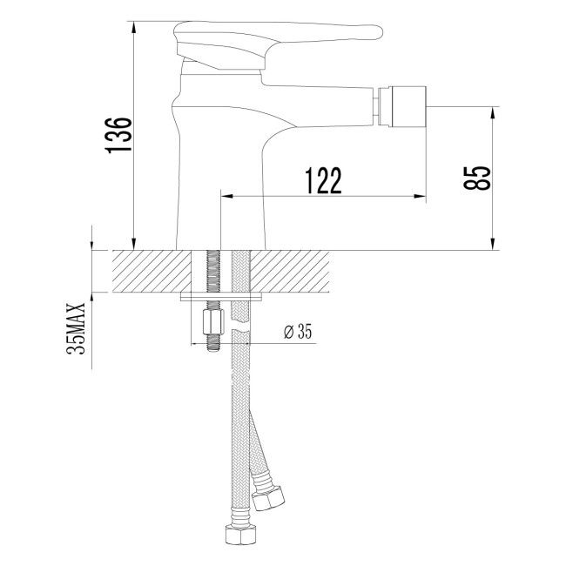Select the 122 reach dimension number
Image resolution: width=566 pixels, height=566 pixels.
point(322,180)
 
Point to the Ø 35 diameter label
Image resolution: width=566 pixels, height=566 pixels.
point(298,331)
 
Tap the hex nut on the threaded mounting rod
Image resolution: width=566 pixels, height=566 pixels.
point(210,324)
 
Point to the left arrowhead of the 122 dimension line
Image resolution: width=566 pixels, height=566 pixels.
point(226,196)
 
